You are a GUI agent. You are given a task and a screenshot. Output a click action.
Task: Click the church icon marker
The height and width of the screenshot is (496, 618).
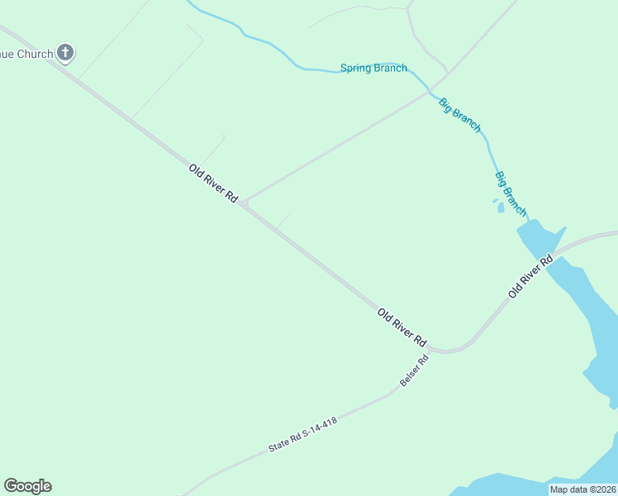pyautogui.click(x=65, y=54)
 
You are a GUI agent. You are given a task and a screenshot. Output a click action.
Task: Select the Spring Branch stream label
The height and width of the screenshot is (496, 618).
pyautogui.click(x=373, y=69)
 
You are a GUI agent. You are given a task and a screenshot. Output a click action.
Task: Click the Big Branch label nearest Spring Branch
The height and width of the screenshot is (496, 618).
pyautogui.click(x=459, y=115)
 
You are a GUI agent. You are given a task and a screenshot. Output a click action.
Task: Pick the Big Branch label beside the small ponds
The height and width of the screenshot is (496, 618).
pyautogui.click(x=511, y=194)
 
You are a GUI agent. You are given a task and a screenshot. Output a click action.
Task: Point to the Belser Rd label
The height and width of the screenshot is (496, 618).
pyautogui.click(x=416, y=371)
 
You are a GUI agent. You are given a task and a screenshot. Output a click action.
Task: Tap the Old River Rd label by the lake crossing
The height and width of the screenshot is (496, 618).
pyautogui.click(x=530, y=277)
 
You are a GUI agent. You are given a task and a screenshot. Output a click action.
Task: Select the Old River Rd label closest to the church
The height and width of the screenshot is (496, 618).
pyautogui.click(x=213, y=184)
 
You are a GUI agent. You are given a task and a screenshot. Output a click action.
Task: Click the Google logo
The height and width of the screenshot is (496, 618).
pyautogui.click(x=27, y=486)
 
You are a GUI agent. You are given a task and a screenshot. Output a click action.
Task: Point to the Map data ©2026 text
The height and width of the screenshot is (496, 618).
pyautogui.click(x=582, y=489)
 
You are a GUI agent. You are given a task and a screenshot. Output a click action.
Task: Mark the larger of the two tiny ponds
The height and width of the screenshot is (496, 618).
pyautogui.click(x=501, y=207)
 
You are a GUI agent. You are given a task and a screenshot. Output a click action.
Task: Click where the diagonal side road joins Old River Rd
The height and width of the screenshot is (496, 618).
pyautogui.click(x=244, y=203)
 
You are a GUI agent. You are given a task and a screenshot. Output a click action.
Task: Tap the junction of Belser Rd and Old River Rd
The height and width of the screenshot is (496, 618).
pyautogui.click(x=435, y=350)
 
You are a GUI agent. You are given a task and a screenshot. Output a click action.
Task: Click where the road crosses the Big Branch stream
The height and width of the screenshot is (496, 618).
pyautogui.click(x=430, y=88)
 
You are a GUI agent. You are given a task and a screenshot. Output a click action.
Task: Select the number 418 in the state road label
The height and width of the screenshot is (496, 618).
pyautogui.click(x=328, y=422)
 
